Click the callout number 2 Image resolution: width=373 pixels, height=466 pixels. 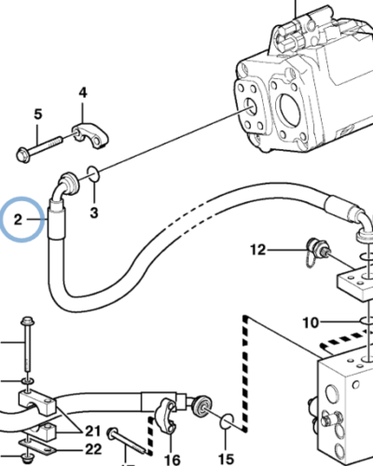19,220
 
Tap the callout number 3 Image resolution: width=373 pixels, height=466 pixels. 94,212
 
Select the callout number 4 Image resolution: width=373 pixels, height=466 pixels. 83,92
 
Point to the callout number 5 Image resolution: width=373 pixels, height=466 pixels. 37,114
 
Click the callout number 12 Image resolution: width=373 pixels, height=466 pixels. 258,250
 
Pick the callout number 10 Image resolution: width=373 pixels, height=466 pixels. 311,323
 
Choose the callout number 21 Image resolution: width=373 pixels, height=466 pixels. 93,432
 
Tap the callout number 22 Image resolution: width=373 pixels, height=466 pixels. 93,449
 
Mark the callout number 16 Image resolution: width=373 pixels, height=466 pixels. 172,459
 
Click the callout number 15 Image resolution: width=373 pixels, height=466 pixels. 226,459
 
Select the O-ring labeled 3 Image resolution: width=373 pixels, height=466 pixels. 93,173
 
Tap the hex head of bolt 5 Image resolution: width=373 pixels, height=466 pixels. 23,155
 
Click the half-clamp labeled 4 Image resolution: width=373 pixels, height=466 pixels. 90,137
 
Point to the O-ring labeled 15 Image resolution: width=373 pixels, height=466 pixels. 227,421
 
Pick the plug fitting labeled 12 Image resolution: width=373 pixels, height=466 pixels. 315,250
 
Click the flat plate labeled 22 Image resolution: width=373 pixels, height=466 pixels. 37,446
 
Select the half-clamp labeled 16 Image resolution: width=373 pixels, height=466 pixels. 167,415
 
